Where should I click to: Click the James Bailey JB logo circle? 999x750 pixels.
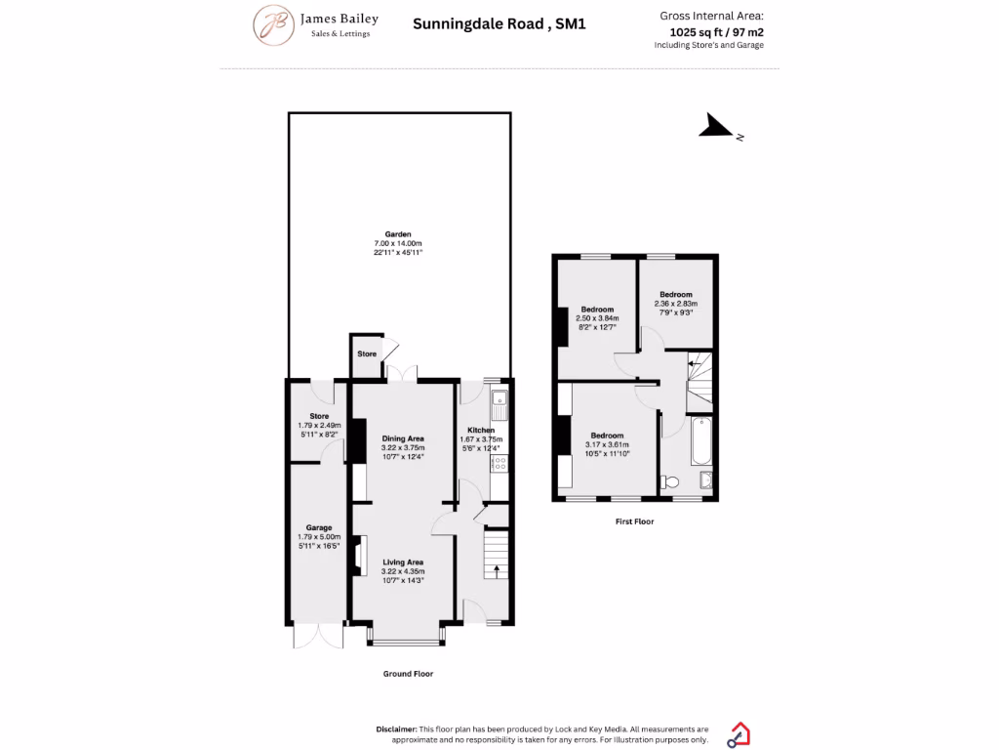(274, 25)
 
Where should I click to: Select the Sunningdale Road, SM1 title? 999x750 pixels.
(499, 23)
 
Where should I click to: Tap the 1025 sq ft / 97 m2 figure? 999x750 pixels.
(716, 31)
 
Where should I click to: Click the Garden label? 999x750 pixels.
(398, 234)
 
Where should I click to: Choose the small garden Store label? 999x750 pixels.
(367, 354)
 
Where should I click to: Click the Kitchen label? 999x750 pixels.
(481, 430)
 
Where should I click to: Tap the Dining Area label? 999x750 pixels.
(402, 438)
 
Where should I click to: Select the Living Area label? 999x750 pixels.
(402, 562)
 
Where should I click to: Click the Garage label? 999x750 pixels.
(319, 527)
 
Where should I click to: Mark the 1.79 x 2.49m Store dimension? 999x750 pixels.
(319, 425)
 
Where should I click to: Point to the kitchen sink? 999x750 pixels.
(499, 399)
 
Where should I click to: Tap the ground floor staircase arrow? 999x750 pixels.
(497, 569)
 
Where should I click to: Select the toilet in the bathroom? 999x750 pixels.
(670, 482)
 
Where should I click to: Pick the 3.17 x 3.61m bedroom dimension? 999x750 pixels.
(606, 444)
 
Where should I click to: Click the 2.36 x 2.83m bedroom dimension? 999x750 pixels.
(676, 304)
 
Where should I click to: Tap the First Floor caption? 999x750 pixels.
(634, 521)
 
